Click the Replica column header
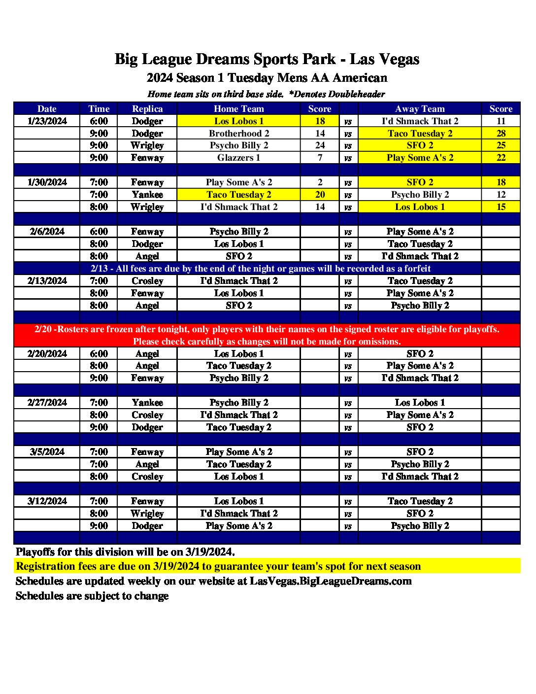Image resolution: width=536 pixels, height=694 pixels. click(x=147, y=108)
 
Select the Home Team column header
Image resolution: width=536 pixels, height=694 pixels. click(x=238, y=108)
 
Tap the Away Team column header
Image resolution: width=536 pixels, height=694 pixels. click(x=420, y=108)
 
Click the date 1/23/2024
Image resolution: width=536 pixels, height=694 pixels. click(x=47, y=121)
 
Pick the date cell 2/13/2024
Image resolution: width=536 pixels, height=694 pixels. click(x=47, y=280)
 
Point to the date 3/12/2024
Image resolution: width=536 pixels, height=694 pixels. click(x=47, y=501)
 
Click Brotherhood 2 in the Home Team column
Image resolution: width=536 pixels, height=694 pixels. click(x=238, y=133)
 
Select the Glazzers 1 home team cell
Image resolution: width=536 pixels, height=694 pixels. click(x=238, y=158)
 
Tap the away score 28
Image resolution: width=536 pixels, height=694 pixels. click(x=501, y=133)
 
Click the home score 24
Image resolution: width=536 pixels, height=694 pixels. click(x=320, y=145)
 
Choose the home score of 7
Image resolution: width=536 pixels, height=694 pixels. click(x=320, y=158)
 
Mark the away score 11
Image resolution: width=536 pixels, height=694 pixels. click(x=501, y=121)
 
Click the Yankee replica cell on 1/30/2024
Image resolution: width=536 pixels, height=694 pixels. click(x=147, y=195)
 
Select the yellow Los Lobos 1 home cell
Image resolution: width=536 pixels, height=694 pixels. click(x=238, y=121)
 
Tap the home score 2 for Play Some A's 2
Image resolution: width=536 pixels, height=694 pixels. click(x=320, y=182)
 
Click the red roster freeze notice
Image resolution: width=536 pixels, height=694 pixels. click(x=267, y=335)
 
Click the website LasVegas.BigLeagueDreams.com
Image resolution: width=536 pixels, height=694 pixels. click(x=331, y=581)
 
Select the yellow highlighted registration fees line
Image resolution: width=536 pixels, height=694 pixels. click(x=218, y=566)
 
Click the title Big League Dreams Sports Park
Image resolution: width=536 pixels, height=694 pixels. click(x=267, y=59)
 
